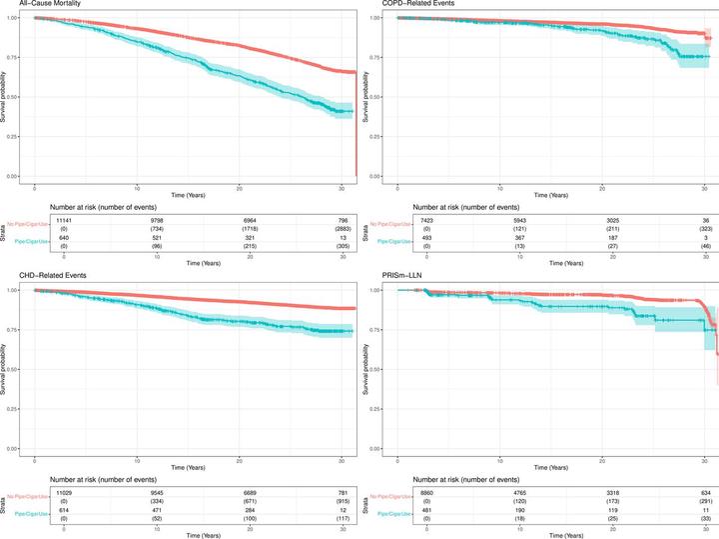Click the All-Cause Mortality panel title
pos(41,5)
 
